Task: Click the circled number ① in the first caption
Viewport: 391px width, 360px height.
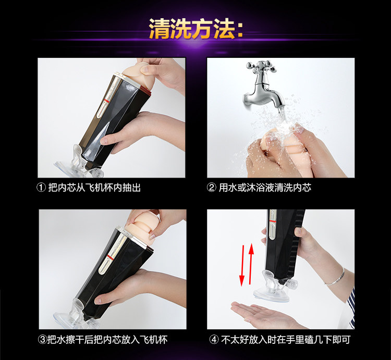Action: pyautogui.click(x=41, y=188)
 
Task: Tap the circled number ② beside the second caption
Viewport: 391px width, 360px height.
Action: pyautogui.click(x=212, y=188)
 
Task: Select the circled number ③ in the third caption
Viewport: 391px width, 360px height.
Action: pyautogui.click(x=42, y=340)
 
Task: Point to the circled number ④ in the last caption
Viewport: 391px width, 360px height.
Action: pyautogui.click(x=214, y=340)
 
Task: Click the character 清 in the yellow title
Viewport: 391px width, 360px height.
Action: pyautogui.click(x=160, y=29)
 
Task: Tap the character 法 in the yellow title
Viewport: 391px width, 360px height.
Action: pyautogui.click(x=224, y=29)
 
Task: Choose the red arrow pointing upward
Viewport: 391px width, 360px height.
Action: pyautogui.click(x=251, y=264)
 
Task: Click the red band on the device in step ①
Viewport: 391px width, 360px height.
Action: pyautogui.click(x=107, y=101)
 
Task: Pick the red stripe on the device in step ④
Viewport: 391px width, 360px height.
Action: pyautogui.click(x=273, y=221)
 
